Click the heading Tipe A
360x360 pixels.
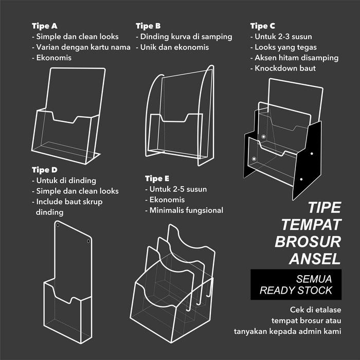tap(44, 26)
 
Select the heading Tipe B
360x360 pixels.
tap(148, 26)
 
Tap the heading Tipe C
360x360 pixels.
tap(262, 26)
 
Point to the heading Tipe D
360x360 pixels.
tap(44, 170)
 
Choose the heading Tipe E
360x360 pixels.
tap(157, 178)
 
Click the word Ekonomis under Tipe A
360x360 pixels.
tap(53, 58)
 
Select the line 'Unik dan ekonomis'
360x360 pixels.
tap(174, 47)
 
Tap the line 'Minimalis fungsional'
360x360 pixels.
tap(186, 210)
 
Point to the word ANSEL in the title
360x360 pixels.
tap(315, 258)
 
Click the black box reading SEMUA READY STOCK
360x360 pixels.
tap(296, 284)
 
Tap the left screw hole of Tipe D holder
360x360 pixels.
tap(58, 226)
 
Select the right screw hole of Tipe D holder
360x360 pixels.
tap(88, 241)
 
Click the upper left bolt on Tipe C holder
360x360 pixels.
tap(263, 137)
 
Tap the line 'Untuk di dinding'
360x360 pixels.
tap(66, 181)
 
